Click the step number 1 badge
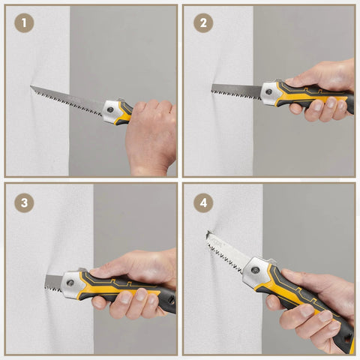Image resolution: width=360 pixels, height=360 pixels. [24, 23]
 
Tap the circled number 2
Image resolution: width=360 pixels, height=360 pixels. [202, 23]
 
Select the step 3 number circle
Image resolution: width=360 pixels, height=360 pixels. [24, 202]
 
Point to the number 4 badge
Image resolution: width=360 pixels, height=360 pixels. [202, 202]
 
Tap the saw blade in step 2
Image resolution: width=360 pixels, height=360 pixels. [235, 91]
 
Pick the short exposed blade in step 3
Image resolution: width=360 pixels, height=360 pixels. [54, 283]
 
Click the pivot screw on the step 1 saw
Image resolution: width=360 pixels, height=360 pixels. [111, 109]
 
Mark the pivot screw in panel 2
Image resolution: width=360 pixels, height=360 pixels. [270, 90]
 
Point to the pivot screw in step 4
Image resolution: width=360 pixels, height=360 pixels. [257, 266]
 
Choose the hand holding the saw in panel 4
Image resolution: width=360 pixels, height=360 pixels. [315, 300]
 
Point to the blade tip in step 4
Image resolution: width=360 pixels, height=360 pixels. [209, 235]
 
